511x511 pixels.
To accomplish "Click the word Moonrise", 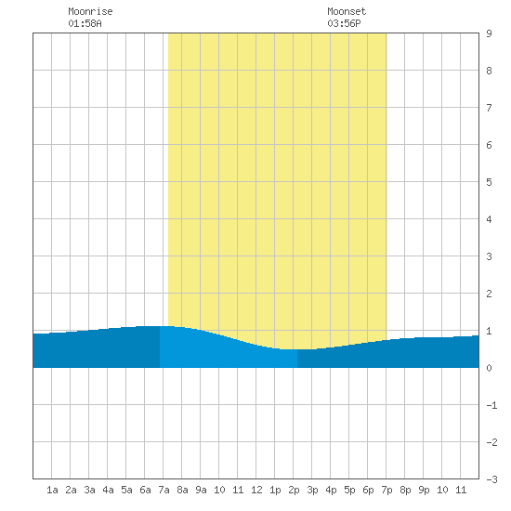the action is point(90,12).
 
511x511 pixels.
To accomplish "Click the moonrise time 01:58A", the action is point(85,23).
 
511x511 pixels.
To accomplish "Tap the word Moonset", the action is point(347,12).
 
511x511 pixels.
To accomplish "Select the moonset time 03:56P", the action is point(344,23).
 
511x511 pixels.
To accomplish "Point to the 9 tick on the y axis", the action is point(489,33).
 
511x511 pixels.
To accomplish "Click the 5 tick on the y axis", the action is point(489,182).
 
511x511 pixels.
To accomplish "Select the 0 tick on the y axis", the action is point(489,368).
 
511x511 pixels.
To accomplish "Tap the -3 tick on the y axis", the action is point(491,479).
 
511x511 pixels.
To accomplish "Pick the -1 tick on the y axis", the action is point(491,405).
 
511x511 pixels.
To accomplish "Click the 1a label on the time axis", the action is point(52,490).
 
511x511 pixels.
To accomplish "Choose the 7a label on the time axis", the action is point(164,490).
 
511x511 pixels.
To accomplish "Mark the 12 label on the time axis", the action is point(256,490).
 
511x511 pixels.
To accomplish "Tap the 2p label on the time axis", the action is point(294,490).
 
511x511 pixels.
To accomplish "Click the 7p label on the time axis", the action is point(387,490).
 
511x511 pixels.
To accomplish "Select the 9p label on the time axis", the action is point(424,490).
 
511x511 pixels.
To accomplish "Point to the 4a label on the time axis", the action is point(108,490).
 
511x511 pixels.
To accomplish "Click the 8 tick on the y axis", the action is point(489,71).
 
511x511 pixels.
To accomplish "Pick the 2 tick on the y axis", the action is point(489,294).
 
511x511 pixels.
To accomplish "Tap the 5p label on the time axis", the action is point(349,490).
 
